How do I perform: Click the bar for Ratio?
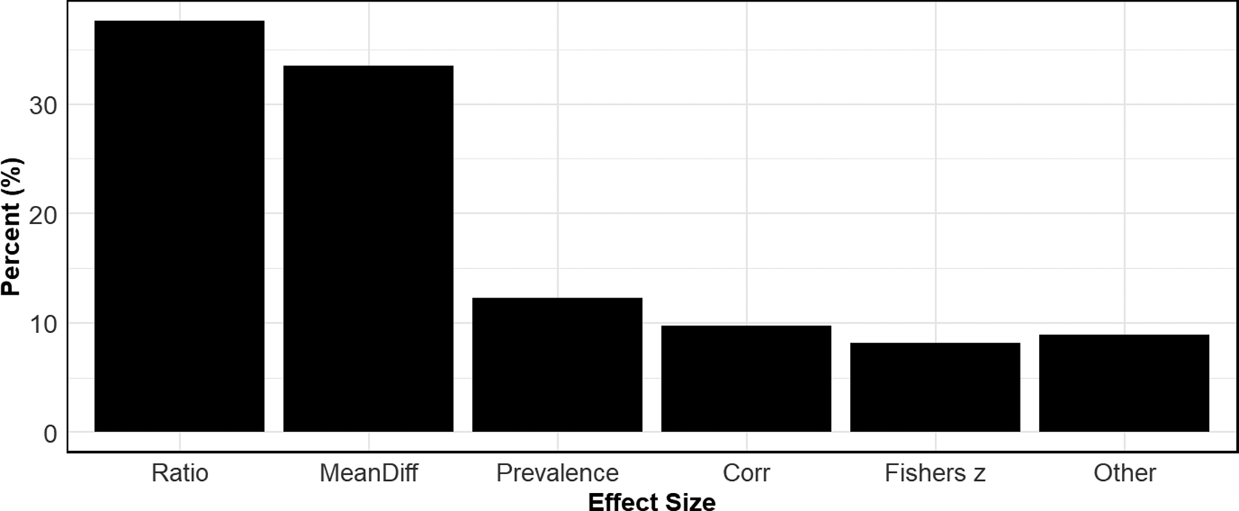[179, 226]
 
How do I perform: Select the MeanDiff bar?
[368, 249]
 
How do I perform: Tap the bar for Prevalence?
[557, 364]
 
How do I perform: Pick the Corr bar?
[746, 379]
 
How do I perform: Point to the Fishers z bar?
[935, 387]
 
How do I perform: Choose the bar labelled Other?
[1124, 383]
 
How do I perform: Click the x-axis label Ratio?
[179, 473]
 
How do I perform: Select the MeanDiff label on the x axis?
[368, 473]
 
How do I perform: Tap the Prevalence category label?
[557, 473]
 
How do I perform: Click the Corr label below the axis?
[746, 473]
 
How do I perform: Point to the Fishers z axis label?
[935, 473]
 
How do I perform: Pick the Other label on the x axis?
[1124, 473]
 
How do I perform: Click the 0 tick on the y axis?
[50, 434]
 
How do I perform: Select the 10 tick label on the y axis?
[43, 324]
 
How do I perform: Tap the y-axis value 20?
[43, 214]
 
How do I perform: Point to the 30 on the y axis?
[43, 105]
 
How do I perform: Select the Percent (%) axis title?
[12, 226]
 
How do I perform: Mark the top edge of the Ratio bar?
[179, 21]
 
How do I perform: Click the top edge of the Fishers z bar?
[935, 343]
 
